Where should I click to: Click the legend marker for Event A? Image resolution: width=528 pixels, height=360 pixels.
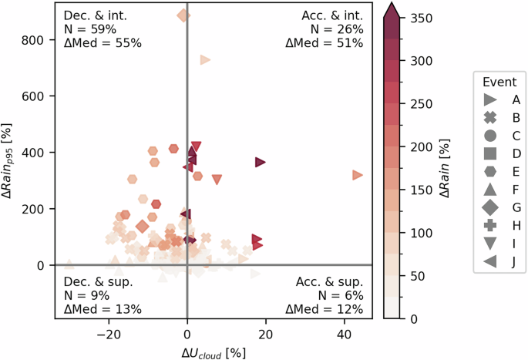489,100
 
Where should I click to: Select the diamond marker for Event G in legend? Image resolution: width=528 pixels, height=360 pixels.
489,207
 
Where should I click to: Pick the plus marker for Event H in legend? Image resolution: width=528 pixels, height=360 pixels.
489,224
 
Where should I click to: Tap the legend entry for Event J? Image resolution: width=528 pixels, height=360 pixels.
489,260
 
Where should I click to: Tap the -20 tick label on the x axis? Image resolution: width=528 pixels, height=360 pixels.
109,334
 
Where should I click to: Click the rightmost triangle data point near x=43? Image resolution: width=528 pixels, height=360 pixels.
357,175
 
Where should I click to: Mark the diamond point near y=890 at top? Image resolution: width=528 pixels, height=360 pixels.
183,15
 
